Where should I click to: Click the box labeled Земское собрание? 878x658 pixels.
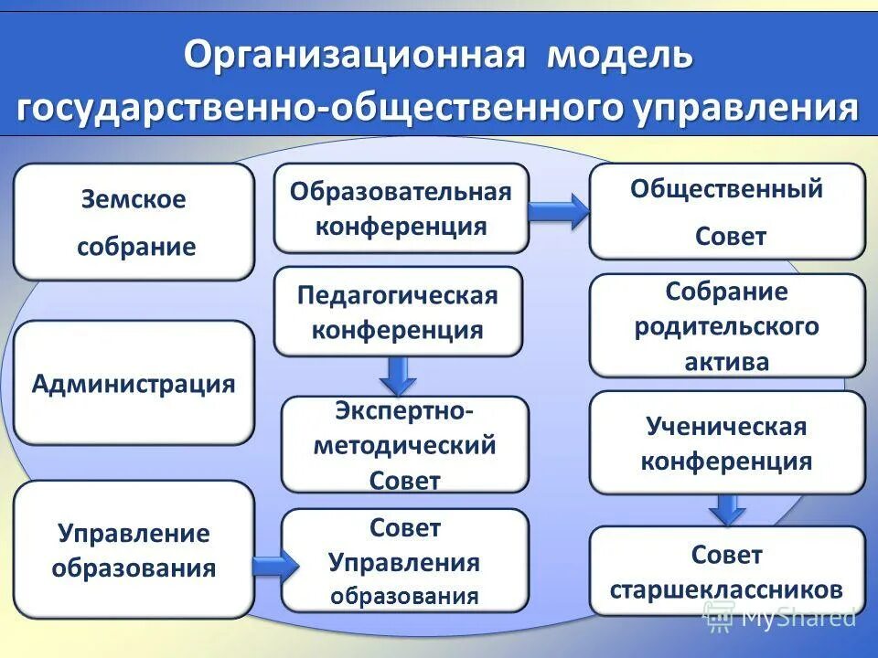(134, 222)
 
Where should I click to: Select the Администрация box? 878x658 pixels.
(134, 383)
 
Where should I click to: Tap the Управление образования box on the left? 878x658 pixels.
(134, 550)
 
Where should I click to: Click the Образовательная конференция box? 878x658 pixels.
(401, 208)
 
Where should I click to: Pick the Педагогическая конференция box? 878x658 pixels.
(398, 312)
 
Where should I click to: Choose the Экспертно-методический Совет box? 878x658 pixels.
(404, 444)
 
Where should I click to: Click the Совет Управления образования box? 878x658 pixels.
(404, 560)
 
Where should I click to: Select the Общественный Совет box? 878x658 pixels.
(727, 212)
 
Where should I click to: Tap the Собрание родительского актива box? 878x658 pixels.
(727, 326)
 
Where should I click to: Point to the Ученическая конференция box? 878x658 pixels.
(727, 443)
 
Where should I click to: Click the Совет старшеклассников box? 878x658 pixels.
(727, 571)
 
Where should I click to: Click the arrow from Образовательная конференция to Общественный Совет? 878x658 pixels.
(559, 212)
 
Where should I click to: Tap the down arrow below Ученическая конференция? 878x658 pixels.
(727, 508)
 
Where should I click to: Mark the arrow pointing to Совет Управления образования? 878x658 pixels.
(273, 565)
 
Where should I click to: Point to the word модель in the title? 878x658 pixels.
(619, 56)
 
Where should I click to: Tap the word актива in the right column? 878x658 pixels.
(727, 360)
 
